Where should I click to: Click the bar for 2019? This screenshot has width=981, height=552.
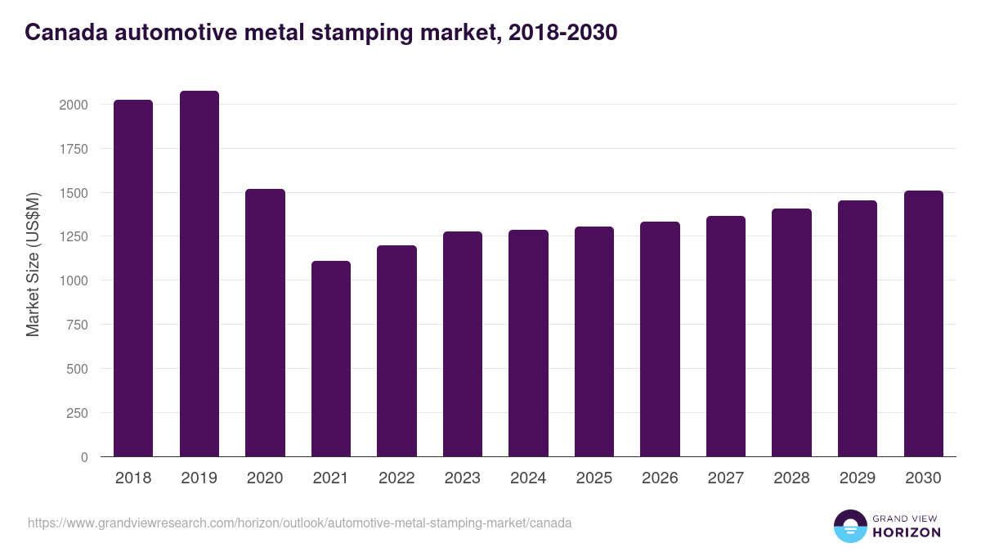point(199,274)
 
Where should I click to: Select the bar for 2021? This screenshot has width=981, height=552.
point(331,359)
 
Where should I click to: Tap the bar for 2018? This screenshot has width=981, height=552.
point(133,278)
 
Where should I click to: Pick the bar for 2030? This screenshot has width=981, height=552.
point(924,324)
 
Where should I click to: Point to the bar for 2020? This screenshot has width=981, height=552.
point(265,323)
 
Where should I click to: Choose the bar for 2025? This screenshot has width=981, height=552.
point(594,342)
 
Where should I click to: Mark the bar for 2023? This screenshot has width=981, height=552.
point(463,344)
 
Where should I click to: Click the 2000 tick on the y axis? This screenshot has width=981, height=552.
point(74,105)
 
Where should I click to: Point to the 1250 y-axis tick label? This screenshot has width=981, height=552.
point(74,237)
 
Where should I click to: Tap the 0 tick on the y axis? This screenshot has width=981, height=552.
point(84,457)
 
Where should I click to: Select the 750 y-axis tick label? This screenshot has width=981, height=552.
point(77,325)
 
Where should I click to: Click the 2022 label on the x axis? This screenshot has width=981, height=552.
point(396,478)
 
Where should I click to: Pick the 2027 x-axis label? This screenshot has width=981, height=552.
point(726,478)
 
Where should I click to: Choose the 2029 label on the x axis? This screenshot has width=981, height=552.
point(858,478)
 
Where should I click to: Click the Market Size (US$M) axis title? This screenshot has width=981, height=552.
point(33,263)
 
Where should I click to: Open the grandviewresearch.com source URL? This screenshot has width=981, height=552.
point(299,523)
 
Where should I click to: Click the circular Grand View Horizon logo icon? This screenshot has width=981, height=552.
point(850,526)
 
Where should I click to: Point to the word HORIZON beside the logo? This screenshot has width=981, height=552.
point(907,532)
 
